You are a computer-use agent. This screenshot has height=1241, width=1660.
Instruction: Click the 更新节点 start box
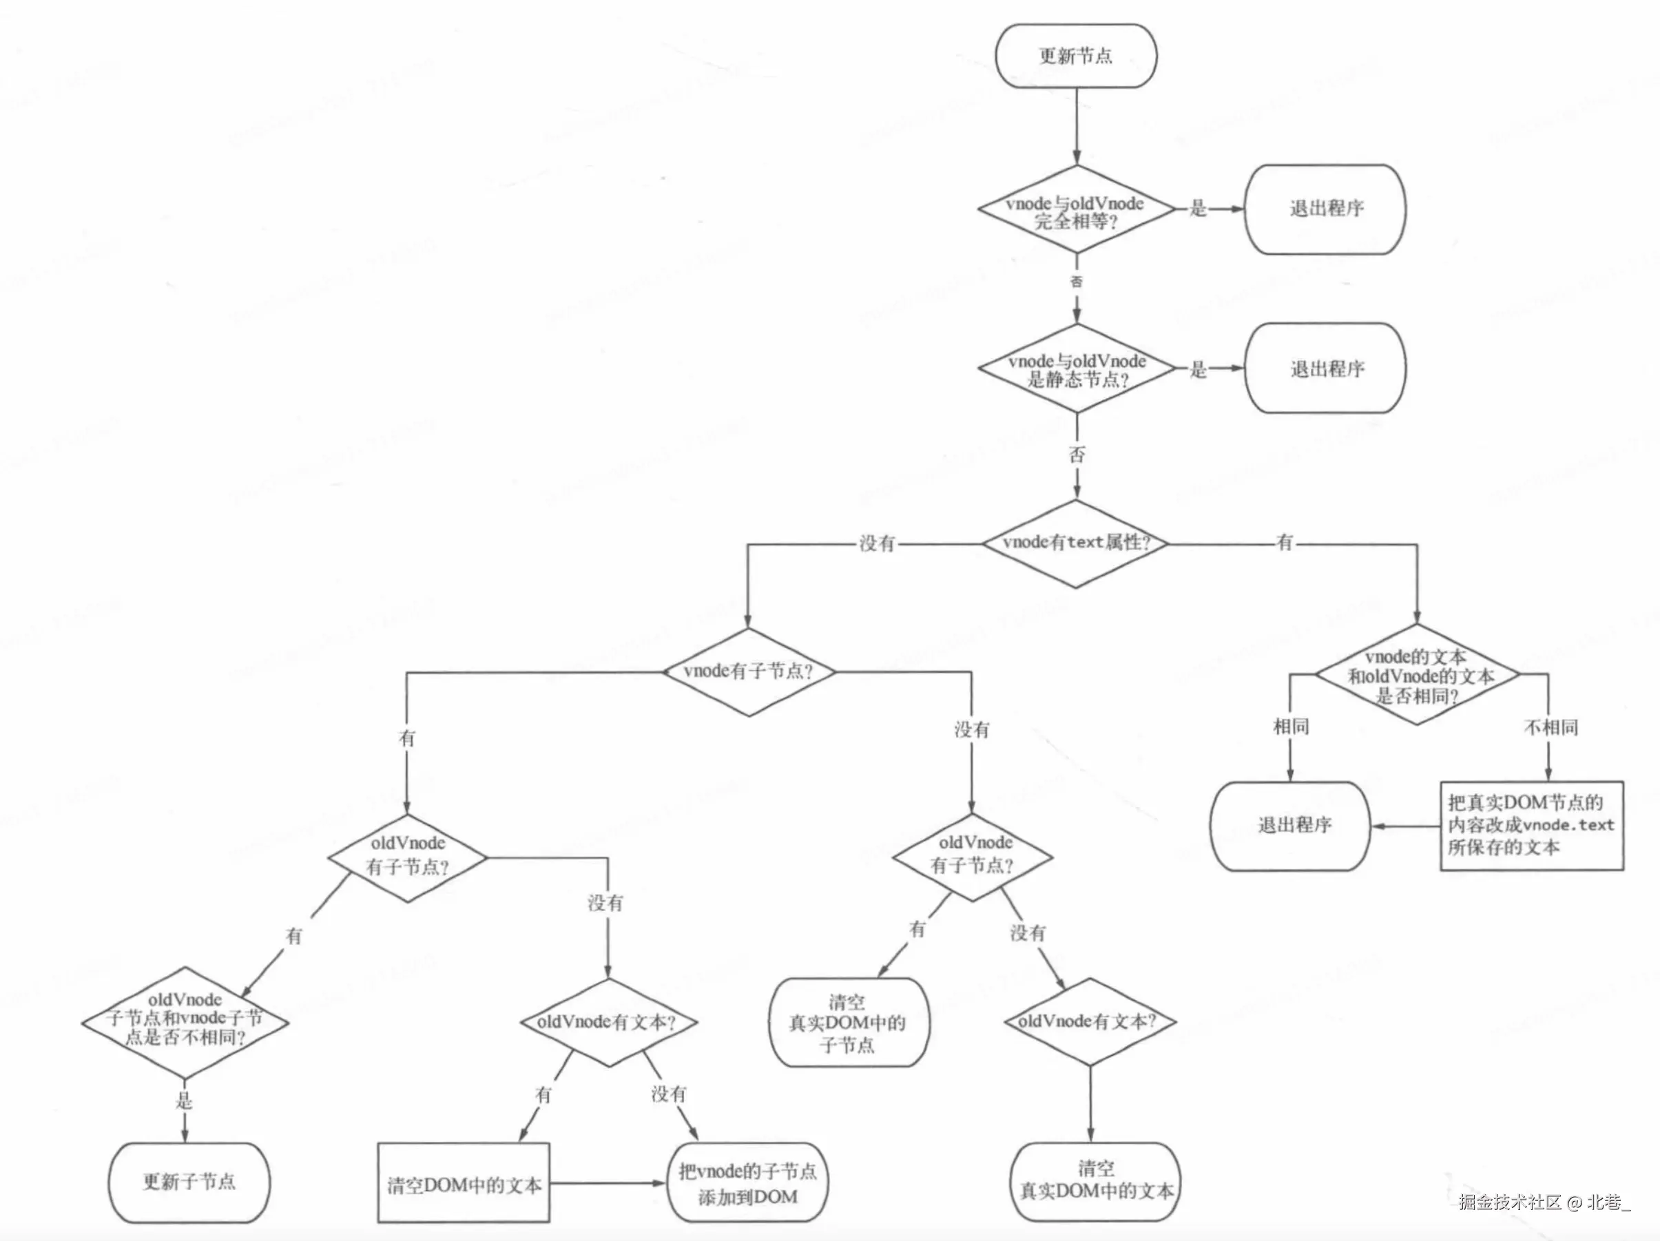(1075, 56)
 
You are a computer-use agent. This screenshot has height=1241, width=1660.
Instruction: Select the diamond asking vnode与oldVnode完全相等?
(1075, 211)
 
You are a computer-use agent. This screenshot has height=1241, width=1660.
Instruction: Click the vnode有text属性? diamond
(1075, 543)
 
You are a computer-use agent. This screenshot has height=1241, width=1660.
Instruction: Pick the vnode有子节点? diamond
(748, 671)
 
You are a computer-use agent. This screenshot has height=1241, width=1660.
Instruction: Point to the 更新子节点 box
(189, 1182)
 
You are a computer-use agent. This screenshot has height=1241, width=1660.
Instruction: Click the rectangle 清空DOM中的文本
(463, 1185)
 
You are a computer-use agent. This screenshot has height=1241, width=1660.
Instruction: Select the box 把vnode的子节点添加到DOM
(747, 1183)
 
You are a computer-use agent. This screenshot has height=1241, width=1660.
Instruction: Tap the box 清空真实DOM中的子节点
(848, 1023)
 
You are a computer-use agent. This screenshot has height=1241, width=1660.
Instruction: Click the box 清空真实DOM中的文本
(1095, 1180)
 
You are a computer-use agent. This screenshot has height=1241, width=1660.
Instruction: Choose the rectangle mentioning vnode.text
(1531, 825)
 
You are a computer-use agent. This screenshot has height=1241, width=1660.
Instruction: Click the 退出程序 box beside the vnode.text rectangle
(1291, 825)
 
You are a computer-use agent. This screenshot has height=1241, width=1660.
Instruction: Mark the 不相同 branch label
(1550, 727)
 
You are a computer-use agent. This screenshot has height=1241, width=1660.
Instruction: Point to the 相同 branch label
(1291, 727)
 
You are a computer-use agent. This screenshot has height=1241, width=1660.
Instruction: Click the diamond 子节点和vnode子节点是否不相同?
(185, 1021)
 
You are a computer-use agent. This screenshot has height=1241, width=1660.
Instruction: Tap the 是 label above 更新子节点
(184, 1101)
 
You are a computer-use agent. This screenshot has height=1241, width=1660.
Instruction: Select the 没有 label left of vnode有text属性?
(877, 543)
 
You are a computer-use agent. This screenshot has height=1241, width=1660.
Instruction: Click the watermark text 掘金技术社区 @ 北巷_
(1544, 1201)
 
